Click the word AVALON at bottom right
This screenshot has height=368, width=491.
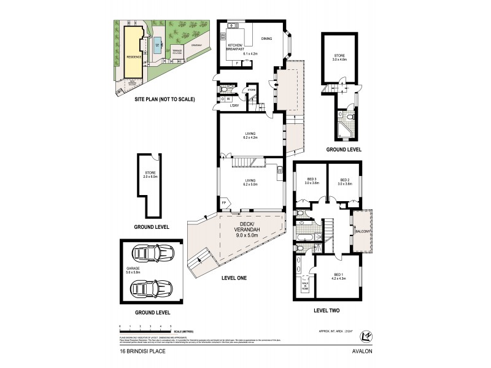click(361, 351)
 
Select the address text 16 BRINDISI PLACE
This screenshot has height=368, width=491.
click(142, 351)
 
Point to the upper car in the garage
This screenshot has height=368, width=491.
click(152, 253)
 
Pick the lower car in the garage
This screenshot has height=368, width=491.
click(152, 287)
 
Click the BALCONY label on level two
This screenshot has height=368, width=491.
click(361, 232)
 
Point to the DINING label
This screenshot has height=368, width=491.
click(266, 39)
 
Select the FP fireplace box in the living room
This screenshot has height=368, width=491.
click(224, 202)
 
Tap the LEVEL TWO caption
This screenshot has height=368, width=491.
click(326, 310)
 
